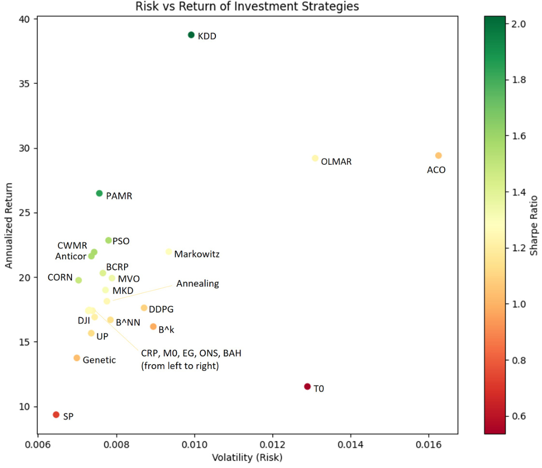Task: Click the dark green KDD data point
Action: [191, 35]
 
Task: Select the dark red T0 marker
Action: [307, 386]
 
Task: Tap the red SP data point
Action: [56, 414]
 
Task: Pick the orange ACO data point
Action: [438, 156]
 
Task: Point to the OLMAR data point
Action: [315, 158]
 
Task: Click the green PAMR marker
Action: [100, 193]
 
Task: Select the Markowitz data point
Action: [169, 252]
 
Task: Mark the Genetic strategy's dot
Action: [77, 358]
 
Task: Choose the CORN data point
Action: [79, 280]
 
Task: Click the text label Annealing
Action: [197, 284]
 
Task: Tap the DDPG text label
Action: [161, 309]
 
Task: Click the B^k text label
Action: [166, 330]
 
